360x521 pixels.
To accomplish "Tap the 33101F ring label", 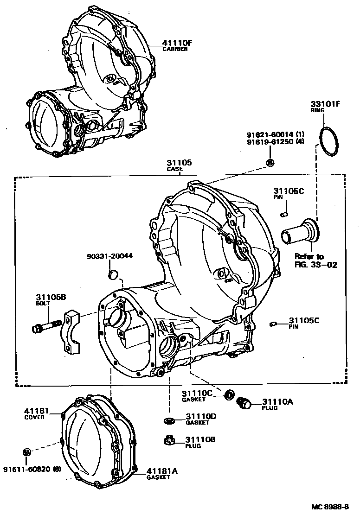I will (325, 104).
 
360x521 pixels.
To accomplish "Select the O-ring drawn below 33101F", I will (330, 140).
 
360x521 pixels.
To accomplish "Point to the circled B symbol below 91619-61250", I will (271, 162).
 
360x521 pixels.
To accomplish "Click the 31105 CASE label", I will (179, 163).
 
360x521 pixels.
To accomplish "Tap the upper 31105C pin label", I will (288, 191).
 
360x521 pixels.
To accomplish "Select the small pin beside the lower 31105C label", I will (274, 323).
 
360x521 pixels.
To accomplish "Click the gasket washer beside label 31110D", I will (169, 420).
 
